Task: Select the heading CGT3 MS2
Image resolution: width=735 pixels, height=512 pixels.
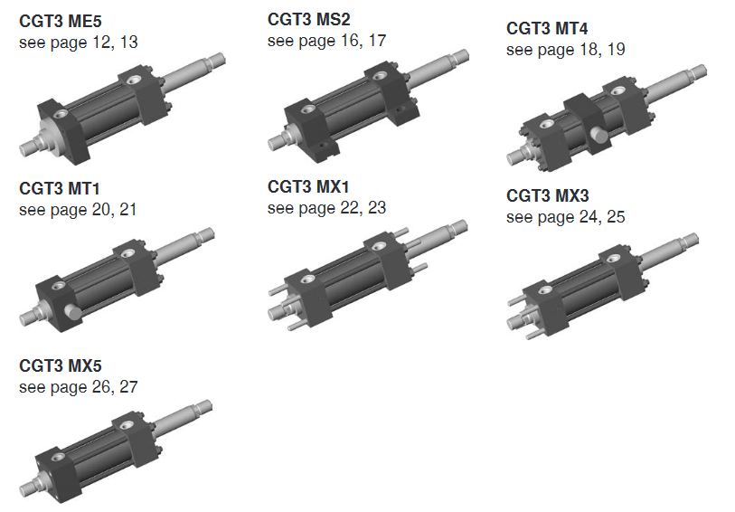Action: click(x=308, y=19)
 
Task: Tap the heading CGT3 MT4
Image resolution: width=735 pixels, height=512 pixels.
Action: click(x=547, y=28)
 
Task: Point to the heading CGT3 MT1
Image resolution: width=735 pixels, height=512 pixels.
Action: click(x=60, y=189)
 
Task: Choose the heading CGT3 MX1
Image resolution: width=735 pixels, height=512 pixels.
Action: click(x=308, y=187)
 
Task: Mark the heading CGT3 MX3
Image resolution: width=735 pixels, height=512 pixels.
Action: click(x=547, y=195)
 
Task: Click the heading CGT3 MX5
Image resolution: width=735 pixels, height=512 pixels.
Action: click(x=60, y=366)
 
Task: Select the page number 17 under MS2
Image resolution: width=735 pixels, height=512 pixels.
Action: click(x=376, y=41)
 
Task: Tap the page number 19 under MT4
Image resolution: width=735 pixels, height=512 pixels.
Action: click(x=615, y=50)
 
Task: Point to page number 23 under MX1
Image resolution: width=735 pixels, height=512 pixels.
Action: click(x=376, y=208)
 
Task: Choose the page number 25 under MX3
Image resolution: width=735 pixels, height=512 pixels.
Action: click(x=615, y=217)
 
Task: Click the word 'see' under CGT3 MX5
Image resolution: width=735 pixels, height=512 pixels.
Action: click(x=33, y=387)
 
